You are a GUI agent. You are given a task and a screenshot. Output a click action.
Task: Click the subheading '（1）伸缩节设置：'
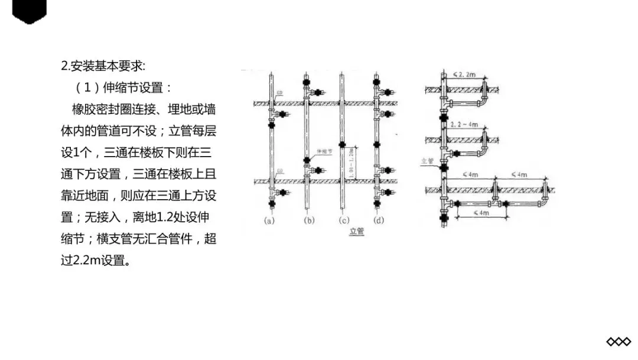point(123,87)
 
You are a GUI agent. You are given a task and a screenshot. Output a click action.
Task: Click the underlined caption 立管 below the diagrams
point(357,231)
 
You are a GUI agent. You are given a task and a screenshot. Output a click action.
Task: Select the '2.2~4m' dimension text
point(464,126)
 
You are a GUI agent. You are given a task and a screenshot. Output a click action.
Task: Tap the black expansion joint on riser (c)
point(343,144)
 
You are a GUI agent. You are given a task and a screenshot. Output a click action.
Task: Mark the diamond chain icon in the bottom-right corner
point(619,342)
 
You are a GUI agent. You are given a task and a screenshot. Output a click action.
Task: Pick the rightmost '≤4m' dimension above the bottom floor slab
point(519,174)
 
